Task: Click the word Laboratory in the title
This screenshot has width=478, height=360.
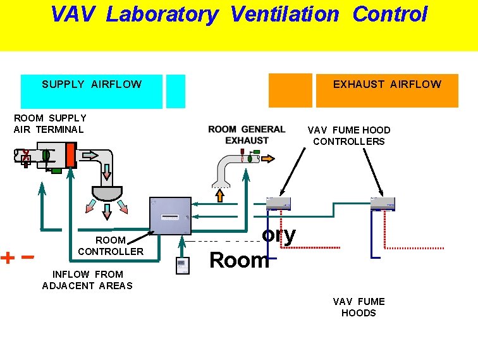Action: coord(161,14)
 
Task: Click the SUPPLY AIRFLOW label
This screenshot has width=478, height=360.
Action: coord(92,84)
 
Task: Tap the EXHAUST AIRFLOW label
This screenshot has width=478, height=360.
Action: coord(387,84)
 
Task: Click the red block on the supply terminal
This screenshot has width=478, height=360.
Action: coord(70,156)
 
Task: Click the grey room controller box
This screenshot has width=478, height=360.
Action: coord(170,216)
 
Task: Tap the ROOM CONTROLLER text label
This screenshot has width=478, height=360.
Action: coord(111,245)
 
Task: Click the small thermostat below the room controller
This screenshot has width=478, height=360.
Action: coord(183,266)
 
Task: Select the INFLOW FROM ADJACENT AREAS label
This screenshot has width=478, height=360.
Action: coord(87,280)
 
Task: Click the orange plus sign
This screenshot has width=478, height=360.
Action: coord(8,258)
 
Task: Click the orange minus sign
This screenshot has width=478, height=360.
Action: coord(27,257)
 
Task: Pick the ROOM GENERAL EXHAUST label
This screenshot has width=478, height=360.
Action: coord(247,135)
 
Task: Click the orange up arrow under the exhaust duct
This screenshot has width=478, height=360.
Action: coord(220,196)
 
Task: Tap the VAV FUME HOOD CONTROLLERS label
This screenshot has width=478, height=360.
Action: coord(348,135)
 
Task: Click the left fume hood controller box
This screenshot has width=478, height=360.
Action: coord(279,202)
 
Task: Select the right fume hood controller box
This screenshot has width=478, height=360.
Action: coord(383,202)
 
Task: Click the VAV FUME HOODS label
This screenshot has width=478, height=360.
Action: coord(358,307)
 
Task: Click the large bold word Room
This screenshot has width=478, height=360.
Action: coord(239,260)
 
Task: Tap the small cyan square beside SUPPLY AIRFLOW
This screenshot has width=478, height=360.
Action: coord(176,91)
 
